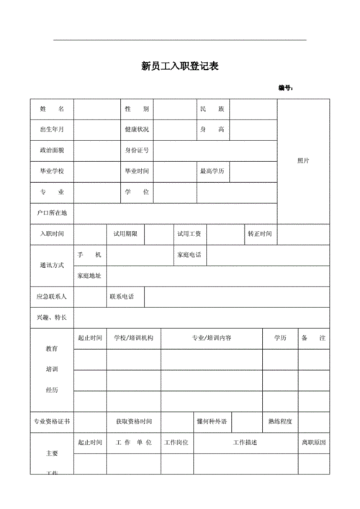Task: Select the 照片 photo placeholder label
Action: pos(303,161)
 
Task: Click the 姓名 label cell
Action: pos(52,109)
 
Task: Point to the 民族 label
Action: pos(212,109)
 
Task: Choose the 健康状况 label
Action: pos(137,130)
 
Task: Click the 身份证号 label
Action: pos(137,150)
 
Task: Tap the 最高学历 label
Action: pos(212,171)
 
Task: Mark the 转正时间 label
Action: pos(259,234)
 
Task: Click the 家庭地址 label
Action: pos(89,276)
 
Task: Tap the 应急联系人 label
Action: pos(52,297)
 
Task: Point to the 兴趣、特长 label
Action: pos(52,317)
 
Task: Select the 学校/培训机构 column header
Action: pos(133,338)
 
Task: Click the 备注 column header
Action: pos(313,338)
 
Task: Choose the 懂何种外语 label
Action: pos(211,421)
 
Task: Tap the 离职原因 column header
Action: pos(313,442)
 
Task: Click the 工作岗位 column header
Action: pos(176,442)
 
